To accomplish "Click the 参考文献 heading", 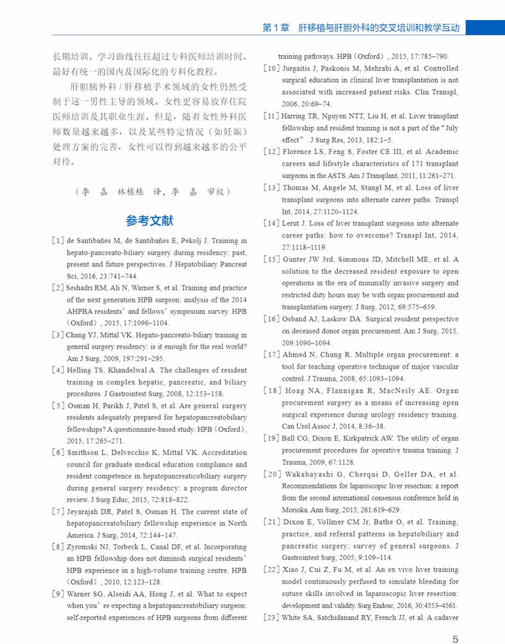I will (x=150, y=221).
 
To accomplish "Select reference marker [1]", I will (x=57, y=241).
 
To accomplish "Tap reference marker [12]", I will (x=271, y=152).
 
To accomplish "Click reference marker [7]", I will (x=58, y=512).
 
